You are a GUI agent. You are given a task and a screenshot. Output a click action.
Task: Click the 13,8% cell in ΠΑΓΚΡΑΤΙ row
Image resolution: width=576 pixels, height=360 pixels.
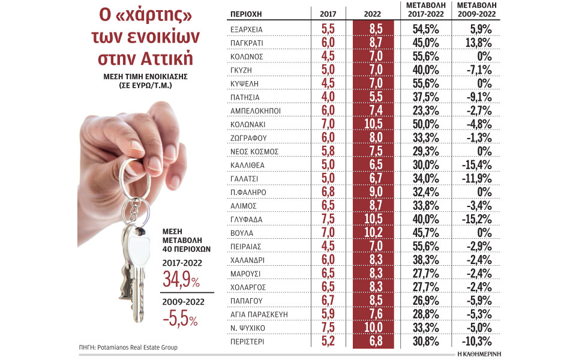coord(480,43)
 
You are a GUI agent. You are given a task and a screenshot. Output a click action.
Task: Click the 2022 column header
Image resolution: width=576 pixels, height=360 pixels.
coord(373,13)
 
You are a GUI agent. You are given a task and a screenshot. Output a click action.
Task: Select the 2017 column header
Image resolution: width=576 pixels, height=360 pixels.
coord(328,13)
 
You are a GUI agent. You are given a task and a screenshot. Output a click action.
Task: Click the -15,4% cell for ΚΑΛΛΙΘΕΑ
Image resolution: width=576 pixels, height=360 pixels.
coord(480,164)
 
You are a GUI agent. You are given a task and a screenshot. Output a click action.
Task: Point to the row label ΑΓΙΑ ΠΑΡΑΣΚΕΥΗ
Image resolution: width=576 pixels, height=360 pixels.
coord(259,313)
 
